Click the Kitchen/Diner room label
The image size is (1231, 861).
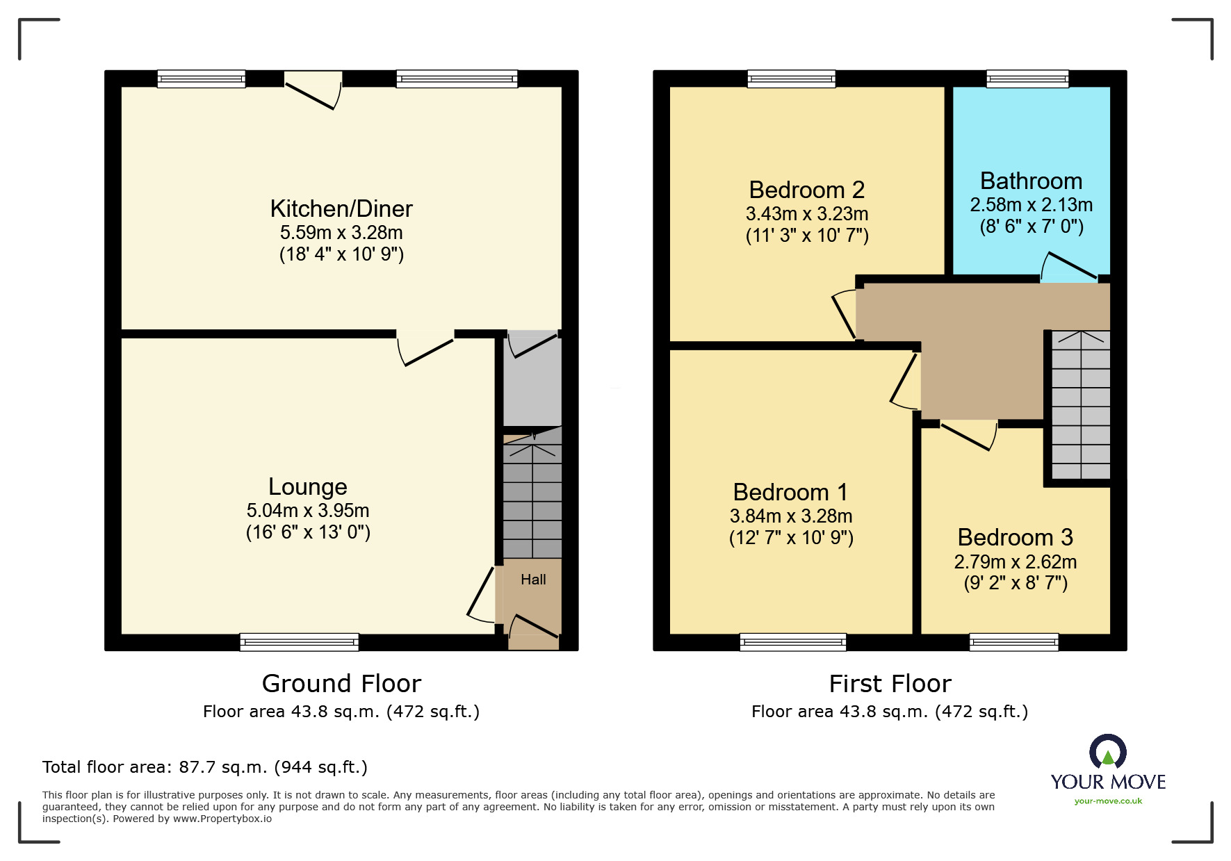click(x=341, y=208)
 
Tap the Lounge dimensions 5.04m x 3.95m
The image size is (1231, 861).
click(x=308, y=511)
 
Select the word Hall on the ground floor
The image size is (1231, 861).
click(x=533, y=580)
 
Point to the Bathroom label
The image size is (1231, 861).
click(x=1031, y=181)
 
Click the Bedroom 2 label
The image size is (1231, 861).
click(x=807, y=190)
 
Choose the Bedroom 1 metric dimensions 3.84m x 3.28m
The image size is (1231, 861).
click(x=791, y=516)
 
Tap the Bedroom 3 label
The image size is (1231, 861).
click(x=1015, y=537)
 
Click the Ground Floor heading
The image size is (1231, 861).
click(x=341, y=684)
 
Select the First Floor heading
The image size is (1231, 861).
click(x=890, y=684)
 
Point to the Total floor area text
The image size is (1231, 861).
click(x=205, y=767)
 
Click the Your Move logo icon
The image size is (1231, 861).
click(x=1108, y=752)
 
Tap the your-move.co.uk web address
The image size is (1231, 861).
click(x=1108, y=801)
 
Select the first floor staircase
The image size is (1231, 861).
click(x=1081, y=405)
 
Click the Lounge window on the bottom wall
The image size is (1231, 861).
click(x=300, y=642)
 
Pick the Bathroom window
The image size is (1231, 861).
click(x=1027, y=79)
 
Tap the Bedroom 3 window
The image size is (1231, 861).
click(x=1014, y=642)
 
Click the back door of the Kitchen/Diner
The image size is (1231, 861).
click(x=313, y=90)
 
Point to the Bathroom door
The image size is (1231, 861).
click(x=1069, y=268)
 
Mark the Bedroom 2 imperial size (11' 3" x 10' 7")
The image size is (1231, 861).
click(x=807, y=236)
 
